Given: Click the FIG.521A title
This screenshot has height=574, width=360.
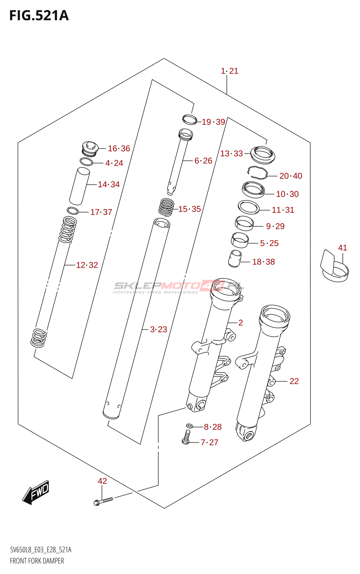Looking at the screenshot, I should click(39, 16).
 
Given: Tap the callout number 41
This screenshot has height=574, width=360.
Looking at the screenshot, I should click(342, 248).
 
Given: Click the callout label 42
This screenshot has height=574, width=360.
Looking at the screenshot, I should click(102, 481).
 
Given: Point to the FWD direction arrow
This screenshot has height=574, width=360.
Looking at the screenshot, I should click(36, 492).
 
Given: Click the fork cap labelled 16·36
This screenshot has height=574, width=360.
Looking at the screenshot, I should click(90, 149).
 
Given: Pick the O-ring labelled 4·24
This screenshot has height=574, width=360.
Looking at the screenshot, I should click(86, 162).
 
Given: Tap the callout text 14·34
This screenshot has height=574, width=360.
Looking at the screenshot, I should click(109, 184).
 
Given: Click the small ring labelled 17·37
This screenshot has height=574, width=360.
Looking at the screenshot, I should click(72, 211).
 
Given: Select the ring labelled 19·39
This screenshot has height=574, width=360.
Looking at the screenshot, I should click(189, 119).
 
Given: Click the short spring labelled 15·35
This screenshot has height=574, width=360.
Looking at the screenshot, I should click(166, 207).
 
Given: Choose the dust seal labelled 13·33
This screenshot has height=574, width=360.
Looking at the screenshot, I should click(263, 154).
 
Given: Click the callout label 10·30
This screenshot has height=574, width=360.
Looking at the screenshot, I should click(287, 194).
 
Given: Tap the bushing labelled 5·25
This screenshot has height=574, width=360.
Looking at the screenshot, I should click(240, 240).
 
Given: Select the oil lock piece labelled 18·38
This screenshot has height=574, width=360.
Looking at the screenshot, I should click(235, 258).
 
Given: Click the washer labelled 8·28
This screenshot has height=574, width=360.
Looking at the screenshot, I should click(190, 426).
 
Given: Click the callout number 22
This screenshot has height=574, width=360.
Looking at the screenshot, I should click(294, 381).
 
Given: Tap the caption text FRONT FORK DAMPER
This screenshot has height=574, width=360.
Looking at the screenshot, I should click(37, 561).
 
